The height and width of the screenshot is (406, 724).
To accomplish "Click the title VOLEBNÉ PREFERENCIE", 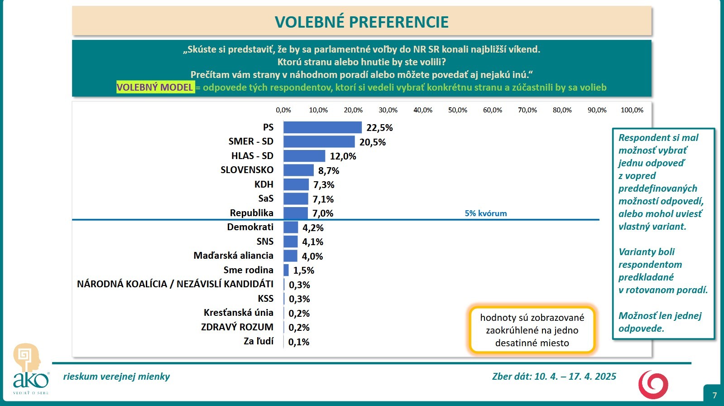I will tap(361, 22).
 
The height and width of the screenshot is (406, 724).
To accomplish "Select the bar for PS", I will tap(322, 127).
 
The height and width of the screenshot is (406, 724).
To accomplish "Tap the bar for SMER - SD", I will tap(319, 142).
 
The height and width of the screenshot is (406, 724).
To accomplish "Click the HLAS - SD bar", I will tap(304, 156).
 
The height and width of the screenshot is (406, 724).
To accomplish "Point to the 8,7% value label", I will tap(329, 171).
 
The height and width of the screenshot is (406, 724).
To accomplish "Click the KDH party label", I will tap(264, 184).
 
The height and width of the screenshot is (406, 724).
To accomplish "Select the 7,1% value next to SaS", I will tap(323, 199).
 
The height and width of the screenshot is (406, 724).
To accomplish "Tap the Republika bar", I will tap(296, 213).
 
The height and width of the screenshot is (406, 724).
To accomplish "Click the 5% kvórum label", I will tap(486, 213).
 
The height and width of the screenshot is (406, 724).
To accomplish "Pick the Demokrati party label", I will tap(250, 227).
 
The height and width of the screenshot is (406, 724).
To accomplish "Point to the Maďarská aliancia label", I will tap(234, 256).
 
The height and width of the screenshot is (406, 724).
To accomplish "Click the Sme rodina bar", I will tap(286, 270).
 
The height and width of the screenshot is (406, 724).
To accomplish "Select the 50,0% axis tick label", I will tap(458, 110).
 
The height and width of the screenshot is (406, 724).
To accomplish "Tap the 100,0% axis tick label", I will tap(632, 110).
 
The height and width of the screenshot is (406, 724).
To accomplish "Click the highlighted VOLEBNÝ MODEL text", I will tap(155, 87).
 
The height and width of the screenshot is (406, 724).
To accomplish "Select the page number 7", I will tap(714, 395).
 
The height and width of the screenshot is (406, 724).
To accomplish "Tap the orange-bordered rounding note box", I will tap(532, 330).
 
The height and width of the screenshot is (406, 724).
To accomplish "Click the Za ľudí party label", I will tap(259, 341).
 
